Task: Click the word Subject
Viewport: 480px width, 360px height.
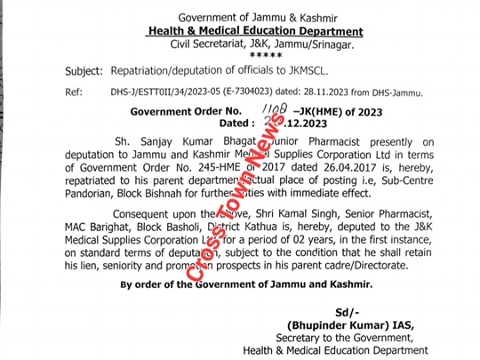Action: coord(85,70)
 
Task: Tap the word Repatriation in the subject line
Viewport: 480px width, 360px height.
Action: coord(148,70)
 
